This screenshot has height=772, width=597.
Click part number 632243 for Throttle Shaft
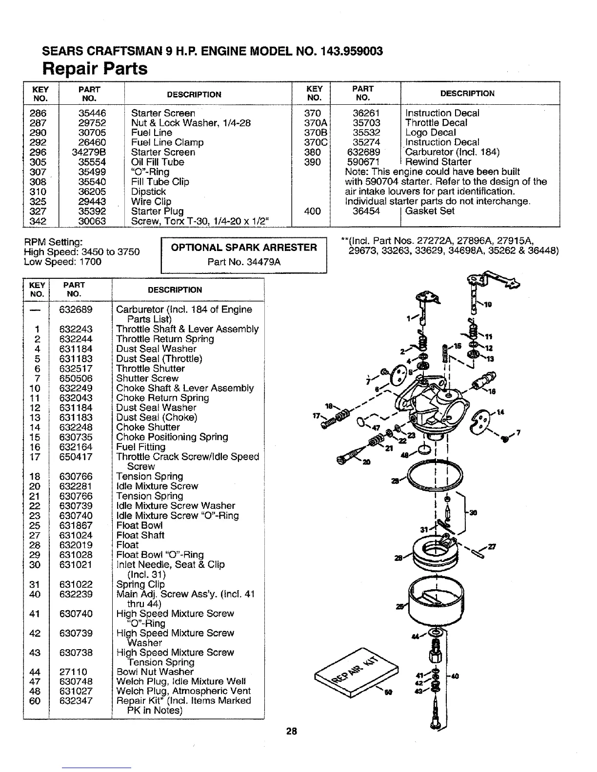(x=76, y=329)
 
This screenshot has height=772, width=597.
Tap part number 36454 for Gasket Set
(x=366, y=211)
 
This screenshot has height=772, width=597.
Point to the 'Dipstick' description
(x=148, y=192)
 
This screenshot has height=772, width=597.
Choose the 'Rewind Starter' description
(x=438, y=162)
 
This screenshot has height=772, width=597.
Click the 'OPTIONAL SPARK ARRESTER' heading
(x=243, y=247)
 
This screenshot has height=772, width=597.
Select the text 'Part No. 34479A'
(x=243, y=262)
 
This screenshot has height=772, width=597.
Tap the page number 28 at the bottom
(x=292, y=731)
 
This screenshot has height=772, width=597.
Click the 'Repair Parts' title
(x=95, y=69)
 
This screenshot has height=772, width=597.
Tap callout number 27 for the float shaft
(x=491, y=546)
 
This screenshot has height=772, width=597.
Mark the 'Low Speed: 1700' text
(x=62, y=262)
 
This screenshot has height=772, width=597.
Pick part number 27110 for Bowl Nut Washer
(x=73, y=672)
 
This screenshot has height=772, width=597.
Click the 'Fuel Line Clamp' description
(x=167, y=142)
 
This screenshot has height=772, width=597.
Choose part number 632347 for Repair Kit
(x=76, y=701)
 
